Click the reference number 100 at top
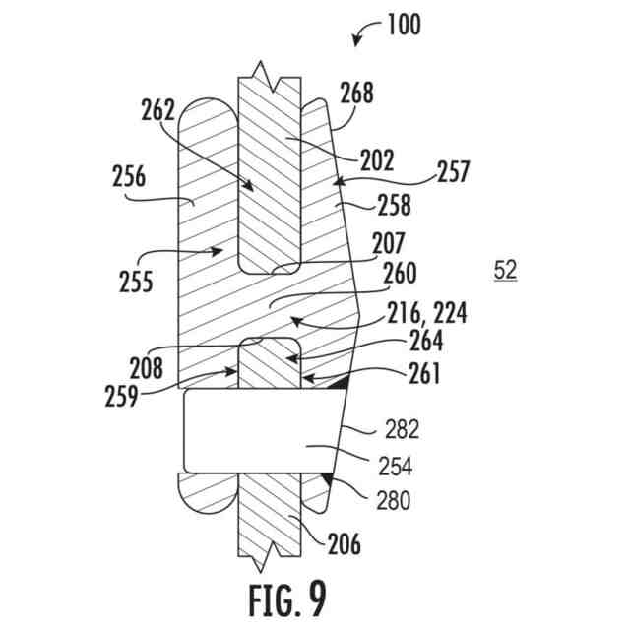[403, 24]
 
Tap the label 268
[358, 94]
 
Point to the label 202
[377, 157]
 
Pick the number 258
[393, 207]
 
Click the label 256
[128, 178]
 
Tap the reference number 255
[132, 283]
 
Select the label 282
[404, 429]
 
